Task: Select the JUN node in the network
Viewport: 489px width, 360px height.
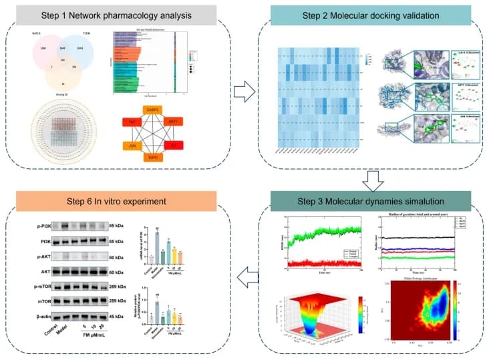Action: click(132, 146)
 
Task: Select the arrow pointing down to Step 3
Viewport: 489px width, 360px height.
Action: click(371, 179)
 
